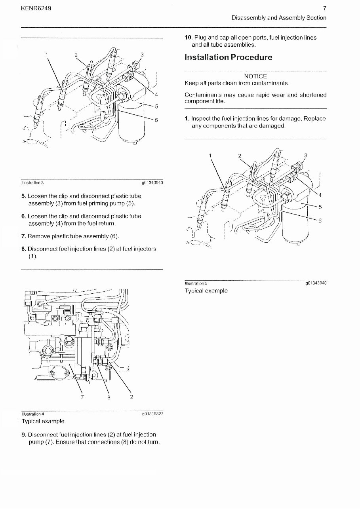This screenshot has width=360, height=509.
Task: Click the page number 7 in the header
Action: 324,8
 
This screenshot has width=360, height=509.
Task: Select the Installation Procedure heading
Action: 229,57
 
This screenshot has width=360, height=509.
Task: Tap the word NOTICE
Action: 255,76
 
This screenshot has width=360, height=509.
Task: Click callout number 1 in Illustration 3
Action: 47,54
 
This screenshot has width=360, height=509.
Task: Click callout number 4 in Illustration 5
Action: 320,195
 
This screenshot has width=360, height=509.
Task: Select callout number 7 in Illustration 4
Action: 82,397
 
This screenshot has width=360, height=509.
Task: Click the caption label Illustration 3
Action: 32,183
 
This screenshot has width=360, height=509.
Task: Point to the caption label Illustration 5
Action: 196,283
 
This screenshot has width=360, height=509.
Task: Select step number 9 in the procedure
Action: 23,435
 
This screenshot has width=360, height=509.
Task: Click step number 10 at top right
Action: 188,38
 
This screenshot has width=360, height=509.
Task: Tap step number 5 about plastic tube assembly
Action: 23,196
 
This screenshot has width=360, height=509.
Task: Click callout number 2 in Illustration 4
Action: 131,397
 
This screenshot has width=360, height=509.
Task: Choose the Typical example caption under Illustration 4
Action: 43,421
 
